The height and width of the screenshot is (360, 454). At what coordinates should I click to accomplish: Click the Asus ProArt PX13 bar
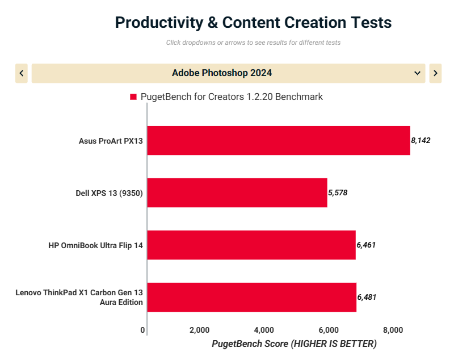278,140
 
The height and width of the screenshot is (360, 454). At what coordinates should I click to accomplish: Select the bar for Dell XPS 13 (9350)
237,192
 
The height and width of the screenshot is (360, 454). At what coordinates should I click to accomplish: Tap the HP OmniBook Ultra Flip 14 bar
251,245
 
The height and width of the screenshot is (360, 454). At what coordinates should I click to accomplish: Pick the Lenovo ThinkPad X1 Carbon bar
252,297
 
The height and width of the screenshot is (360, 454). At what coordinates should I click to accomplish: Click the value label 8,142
421,140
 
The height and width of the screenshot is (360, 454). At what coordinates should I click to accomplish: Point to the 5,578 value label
338,192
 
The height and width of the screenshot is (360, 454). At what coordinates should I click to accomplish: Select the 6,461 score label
366,245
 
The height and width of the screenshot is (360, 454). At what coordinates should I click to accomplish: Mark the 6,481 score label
367,297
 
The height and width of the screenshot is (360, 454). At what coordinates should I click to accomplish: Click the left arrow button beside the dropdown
22,73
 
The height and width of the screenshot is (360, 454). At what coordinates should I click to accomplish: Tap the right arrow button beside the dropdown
435,73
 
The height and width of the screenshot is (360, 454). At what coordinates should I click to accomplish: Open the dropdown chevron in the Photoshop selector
418,73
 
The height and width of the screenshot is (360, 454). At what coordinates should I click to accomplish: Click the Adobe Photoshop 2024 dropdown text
221,73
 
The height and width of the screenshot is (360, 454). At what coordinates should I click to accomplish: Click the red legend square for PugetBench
133,97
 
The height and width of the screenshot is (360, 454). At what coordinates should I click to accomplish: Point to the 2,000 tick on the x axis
199,330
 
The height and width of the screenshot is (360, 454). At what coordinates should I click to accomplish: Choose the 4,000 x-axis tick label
264,330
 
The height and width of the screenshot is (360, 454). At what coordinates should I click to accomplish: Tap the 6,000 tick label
329,330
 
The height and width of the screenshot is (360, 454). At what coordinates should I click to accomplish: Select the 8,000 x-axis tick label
393,330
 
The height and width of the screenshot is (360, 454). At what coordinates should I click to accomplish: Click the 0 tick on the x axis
142,330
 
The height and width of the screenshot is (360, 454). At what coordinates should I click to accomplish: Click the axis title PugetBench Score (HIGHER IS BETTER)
294,344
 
